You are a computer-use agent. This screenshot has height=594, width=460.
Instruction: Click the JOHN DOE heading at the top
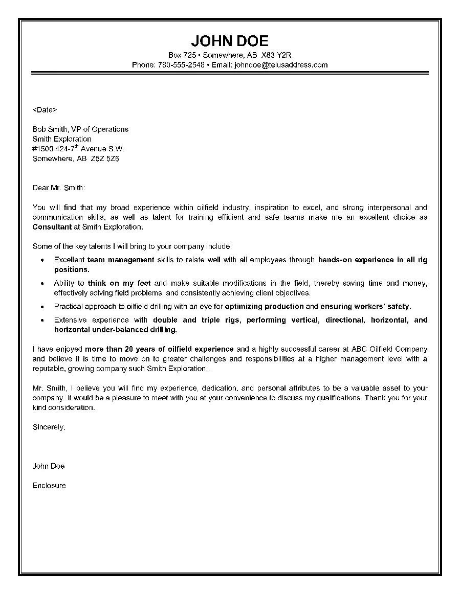(x=229, y=41)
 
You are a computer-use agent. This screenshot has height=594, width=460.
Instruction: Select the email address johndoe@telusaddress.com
(x=280, y=65)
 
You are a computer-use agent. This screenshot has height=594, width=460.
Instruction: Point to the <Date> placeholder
(x=45, y=109)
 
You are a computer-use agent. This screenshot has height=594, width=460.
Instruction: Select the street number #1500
(x=43, y=149)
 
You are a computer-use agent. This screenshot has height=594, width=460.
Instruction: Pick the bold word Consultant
(x=52, y=226)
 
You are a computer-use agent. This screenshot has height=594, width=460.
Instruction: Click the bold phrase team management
(x=121, y=260)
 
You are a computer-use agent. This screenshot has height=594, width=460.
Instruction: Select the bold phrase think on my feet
(x=120, y=283)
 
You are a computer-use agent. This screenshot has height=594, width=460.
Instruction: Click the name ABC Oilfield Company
(x=389, y=349)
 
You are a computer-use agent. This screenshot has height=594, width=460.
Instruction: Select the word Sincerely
(x=49, y=427)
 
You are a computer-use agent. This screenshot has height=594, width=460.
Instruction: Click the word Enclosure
(x=49, y=486)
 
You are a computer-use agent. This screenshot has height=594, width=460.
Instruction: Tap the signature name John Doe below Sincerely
(x=49, y=466)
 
